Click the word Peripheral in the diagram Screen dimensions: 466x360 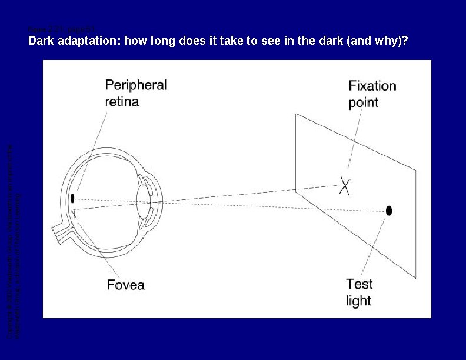136,85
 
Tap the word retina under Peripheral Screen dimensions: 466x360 122,101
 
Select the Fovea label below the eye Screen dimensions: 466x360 125,285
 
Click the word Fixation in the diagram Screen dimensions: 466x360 372,86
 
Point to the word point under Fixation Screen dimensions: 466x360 363,102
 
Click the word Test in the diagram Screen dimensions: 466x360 359,284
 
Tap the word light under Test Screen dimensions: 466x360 358,301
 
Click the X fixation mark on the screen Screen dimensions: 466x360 345,186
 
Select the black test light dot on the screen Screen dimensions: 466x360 389,210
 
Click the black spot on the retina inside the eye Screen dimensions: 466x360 72,198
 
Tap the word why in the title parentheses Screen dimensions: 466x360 390,42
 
